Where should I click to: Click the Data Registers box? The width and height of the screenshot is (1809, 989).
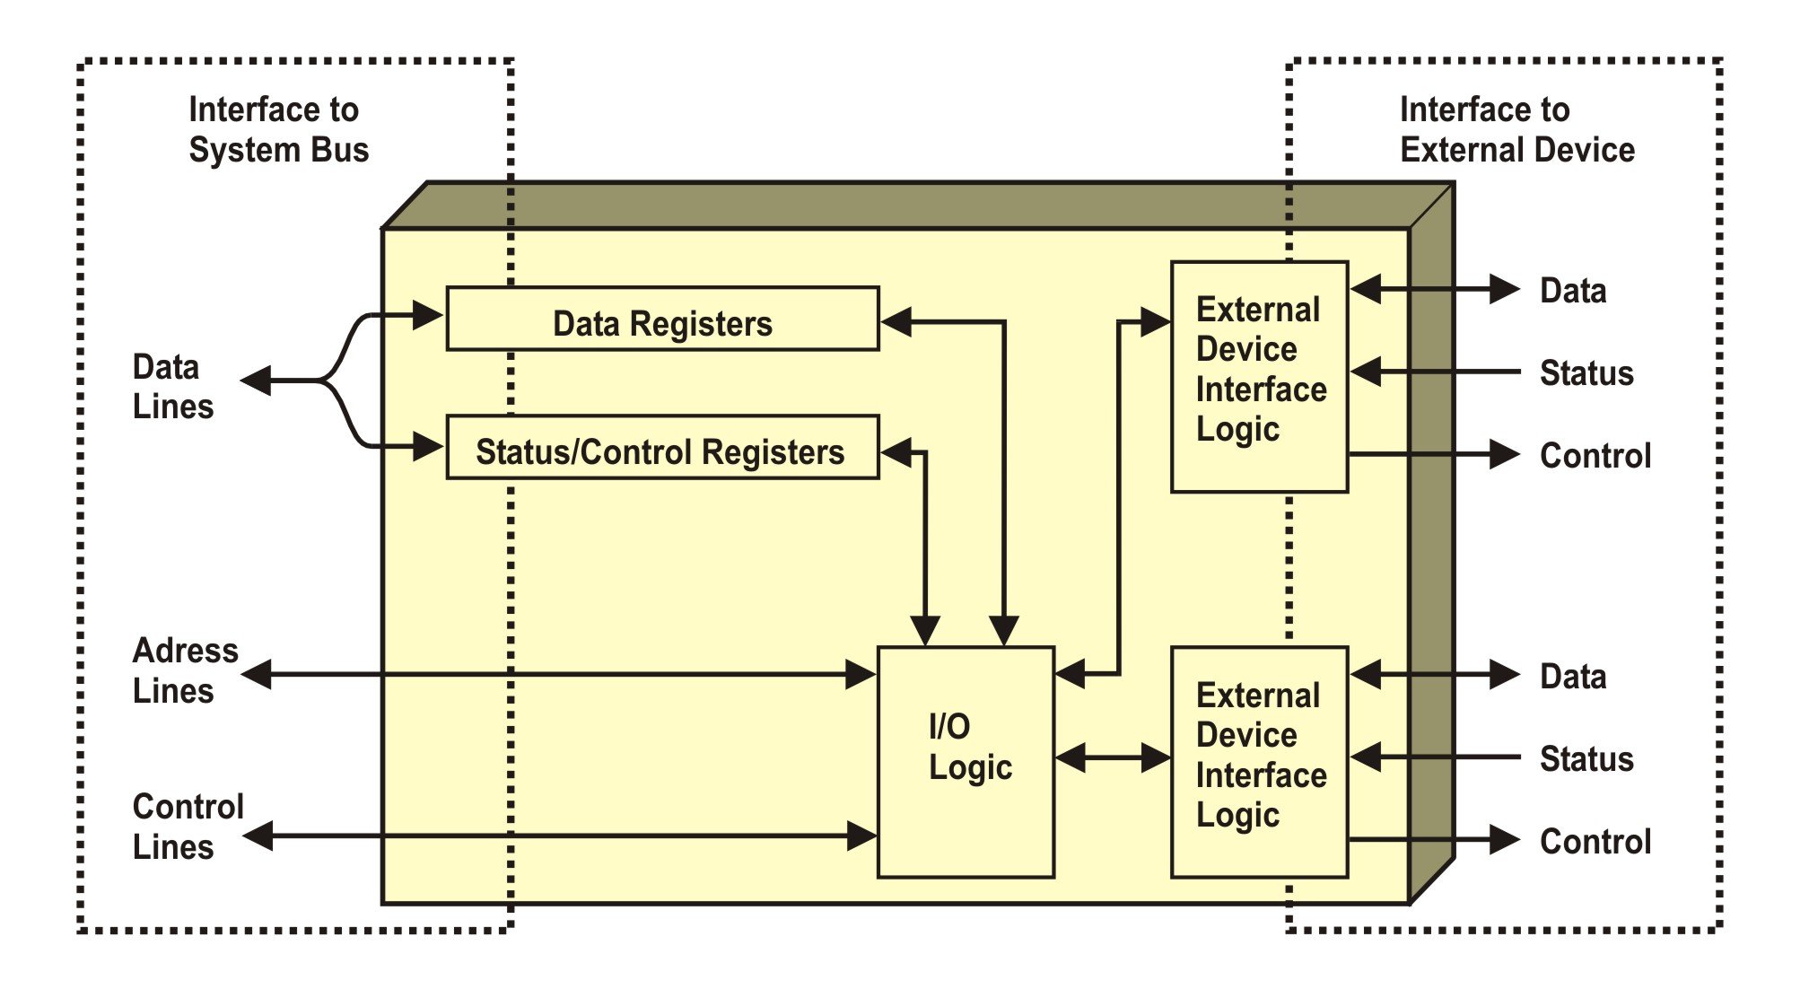point(662,319)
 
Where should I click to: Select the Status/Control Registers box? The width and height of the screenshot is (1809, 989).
point(662,447)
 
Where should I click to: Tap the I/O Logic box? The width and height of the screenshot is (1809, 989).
point(966,761)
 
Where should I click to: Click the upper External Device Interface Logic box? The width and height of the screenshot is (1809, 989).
point(1259,376)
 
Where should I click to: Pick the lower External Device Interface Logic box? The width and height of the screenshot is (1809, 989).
point(1259,761)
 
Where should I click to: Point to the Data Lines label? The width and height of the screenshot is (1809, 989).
point(173,387)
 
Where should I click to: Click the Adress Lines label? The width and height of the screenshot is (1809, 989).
point(185,670)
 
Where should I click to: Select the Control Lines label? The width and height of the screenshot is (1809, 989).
point(188,827)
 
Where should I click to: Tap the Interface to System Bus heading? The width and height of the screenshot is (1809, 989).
point(278,129)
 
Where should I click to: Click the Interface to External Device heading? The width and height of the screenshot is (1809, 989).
point(1516,129)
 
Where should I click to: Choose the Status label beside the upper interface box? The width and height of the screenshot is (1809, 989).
point(1586,372)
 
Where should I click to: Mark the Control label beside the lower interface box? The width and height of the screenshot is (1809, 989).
point(1595,841)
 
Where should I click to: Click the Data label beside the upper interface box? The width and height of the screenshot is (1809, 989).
point(1573,291)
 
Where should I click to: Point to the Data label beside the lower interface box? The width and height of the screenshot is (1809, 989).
point(1573,677)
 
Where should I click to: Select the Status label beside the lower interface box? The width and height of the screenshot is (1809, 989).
point(1586,759)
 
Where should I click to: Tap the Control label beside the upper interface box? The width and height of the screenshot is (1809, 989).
point(1595,455)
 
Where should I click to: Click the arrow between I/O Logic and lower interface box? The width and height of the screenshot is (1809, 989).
point(1113,757)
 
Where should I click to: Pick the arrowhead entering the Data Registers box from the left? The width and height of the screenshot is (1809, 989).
point(428,315)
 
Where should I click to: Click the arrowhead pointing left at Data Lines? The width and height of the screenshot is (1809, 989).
point(257,381)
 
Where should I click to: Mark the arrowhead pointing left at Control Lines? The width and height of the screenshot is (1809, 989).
point(258,836)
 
